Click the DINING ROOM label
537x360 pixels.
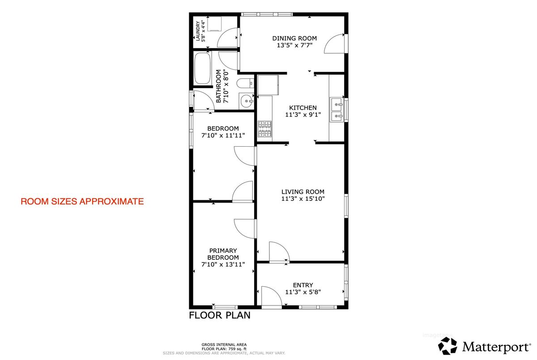pyautogui.click(x=294, y=38)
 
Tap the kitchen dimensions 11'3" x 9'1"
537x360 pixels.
pyautogui.click(x=303, y=115)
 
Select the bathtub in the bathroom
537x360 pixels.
pyautogui.click(x=203, y=68)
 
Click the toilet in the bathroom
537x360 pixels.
pyautogui.click(x=245, y=84)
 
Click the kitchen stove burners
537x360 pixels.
pyautogui.click(x=264, y=129)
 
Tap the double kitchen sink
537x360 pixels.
pyautogui.click(x=337, y=110)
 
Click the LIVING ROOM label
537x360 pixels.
pyautogui.click(x=303, y=192)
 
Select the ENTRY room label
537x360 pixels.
pyautogui.click(x=303, y=285)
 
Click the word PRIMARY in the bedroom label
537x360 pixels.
pyautogui.click(x=223, y=250)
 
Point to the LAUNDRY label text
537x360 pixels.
pyautogui.click(x=198, y=31)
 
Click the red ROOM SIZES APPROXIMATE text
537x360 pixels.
pyautogui.click(x=82, y=201)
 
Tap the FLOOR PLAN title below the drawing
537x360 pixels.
pyautogui.click(x=220, y=315)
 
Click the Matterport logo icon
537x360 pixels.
pyautogui.click(x=447, y=346)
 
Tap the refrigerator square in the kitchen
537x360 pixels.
pyautogui.click(x=268, y=85)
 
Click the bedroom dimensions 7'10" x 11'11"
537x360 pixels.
pyautogui.click(x=223, y=136)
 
